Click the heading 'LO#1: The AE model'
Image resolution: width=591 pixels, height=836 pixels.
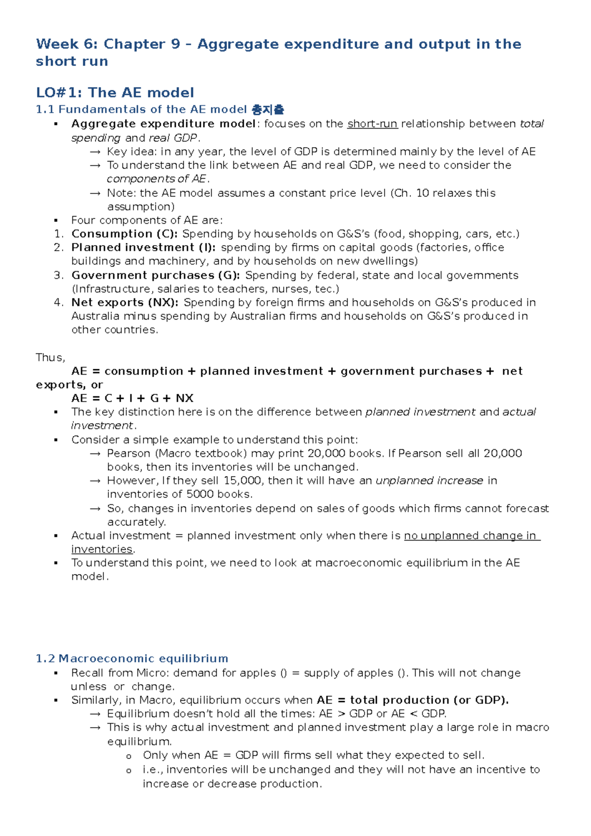click(115, 93)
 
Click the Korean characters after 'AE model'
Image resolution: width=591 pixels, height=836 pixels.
click(267, 109)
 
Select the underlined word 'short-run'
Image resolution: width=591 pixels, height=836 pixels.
click(372, 124)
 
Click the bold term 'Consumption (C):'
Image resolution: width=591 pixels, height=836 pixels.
click(125, 234)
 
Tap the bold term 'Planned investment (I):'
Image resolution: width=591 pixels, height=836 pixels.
click(143, 248)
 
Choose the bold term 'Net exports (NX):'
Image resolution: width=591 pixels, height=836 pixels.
click(125, 303)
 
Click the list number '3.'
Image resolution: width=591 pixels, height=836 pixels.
click(59, 275)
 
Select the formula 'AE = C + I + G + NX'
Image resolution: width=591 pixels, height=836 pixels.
click(132, 398)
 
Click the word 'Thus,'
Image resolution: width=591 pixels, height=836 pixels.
click(50, 357)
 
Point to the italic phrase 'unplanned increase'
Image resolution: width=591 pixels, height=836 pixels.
click(429, 481)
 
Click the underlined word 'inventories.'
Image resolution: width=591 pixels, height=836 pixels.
click(103, 549)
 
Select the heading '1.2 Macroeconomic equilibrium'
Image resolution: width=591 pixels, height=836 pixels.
click(132, 659)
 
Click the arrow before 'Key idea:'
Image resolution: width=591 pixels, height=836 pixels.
click(96, 152)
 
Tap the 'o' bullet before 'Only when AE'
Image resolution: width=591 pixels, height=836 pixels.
click(129, 756)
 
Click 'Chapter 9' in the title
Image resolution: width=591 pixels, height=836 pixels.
click(142, 44)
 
